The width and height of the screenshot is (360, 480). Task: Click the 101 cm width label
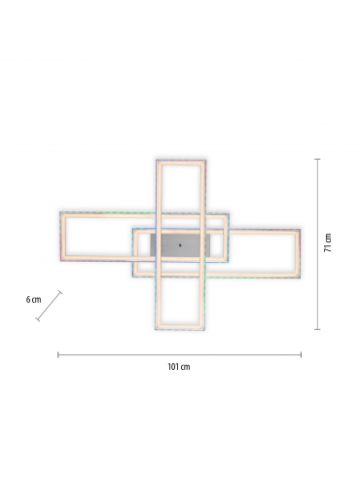[x=179, y=367]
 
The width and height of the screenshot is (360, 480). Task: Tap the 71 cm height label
[x=328, y=242]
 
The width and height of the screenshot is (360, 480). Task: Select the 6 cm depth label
[x=34, y=299]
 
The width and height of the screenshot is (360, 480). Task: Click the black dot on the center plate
[x=180, y=245]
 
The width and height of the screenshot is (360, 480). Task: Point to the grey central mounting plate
[x=180, y=245]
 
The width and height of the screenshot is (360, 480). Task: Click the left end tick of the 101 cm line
[x=58, y=354]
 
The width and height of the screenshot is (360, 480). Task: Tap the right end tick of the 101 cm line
[x=301, y=354]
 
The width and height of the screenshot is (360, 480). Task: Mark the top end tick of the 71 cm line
[x=317, y=159]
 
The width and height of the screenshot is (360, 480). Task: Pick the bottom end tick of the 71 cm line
[x=317, y=329]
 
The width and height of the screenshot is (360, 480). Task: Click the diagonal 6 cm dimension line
[x=49, y=306]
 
